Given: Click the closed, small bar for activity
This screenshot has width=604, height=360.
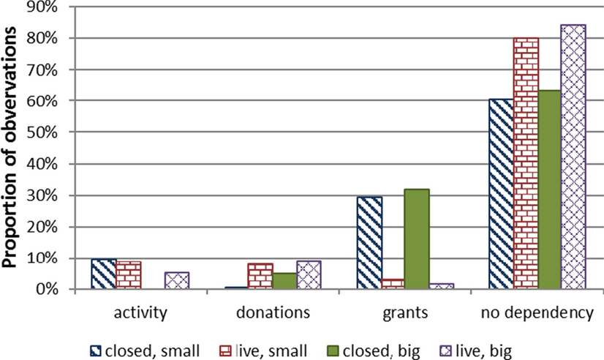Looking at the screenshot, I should (104, 274).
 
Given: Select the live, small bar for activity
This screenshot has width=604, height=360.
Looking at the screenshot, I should (129, 276).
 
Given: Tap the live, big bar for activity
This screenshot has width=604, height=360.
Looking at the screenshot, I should (178, 281).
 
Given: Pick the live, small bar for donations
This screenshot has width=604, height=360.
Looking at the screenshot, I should (260, 277).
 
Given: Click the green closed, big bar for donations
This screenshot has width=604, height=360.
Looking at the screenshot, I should (285, 282).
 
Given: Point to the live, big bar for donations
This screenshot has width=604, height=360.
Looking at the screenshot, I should (309, 275).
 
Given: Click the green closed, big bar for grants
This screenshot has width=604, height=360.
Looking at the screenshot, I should (417, 239).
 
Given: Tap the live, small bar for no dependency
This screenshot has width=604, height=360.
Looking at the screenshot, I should (525, 164).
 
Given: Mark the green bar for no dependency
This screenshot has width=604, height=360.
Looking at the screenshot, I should (549, 190).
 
